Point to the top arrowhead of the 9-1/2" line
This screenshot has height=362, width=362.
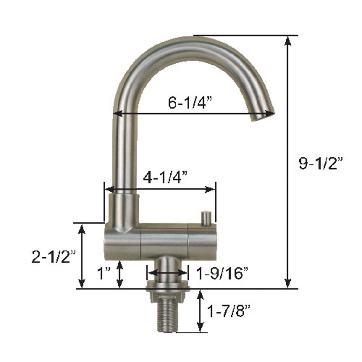[288, 40]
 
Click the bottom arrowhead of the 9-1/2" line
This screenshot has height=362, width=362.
[288, 285]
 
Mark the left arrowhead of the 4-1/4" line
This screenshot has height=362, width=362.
[108, 189]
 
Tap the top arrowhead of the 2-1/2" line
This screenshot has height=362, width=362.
[82, 228]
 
